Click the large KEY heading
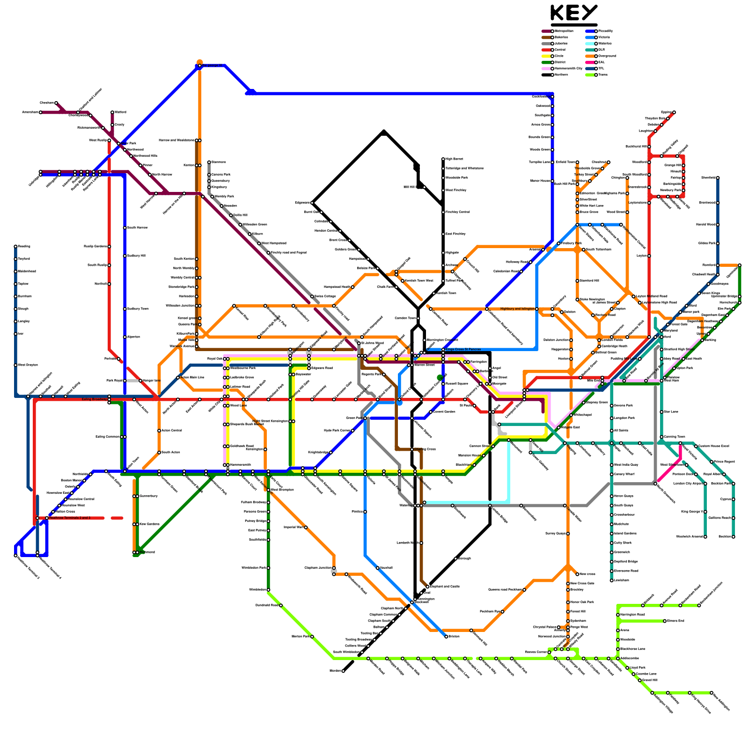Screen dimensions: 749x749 pos(574,13)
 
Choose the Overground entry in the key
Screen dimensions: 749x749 pos(607,56)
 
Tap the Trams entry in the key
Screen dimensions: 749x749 pos(602,74)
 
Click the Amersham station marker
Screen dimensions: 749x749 pos(41,112)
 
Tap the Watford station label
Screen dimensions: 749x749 pos(120,112)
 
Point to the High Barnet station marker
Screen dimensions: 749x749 pos(443,159)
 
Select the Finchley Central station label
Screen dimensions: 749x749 pos(457,212)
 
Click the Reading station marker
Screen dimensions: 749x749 pos(15,246)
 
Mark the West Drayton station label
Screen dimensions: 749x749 pos(28,365)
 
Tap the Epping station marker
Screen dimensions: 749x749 pos(674,112)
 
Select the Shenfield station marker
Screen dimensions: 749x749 pos(718,178)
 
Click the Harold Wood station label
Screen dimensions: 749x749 pos(705,225)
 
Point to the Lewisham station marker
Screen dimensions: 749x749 pos(612,580)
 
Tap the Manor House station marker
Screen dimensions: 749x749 pos(552,181)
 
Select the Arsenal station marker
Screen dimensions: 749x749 pos(543,250)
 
